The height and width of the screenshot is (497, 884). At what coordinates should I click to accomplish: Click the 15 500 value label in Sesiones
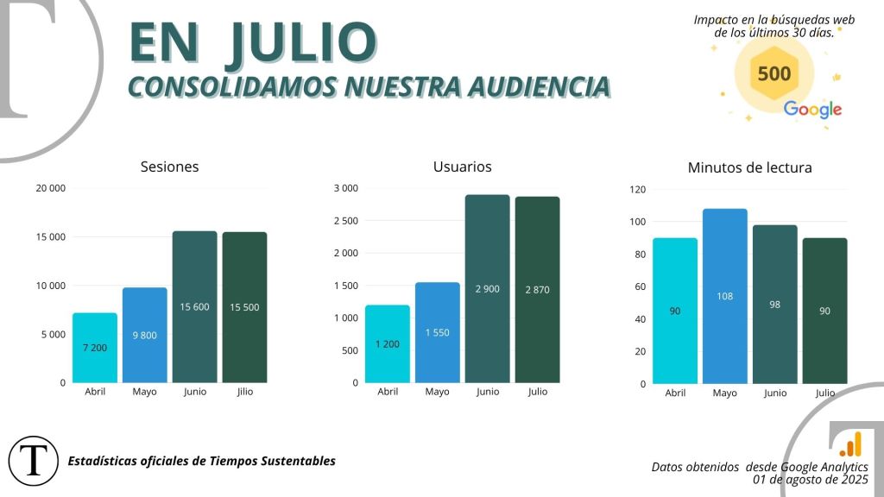click(244, 307)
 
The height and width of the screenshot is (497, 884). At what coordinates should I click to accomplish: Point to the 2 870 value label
click(537, 290)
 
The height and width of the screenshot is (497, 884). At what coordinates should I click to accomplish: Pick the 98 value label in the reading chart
click(774, 305)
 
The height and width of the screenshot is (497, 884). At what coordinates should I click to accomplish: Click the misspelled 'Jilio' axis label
click(244, 392)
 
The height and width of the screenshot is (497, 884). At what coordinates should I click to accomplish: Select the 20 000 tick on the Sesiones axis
click(50, 188)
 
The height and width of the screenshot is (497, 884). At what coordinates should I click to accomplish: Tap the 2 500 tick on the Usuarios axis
click(345, 221)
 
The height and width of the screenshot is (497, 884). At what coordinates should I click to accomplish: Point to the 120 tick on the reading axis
click(638, 190)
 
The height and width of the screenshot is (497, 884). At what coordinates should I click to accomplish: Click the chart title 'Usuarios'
click(462, 167)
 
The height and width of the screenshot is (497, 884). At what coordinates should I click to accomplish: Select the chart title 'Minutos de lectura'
click(749, 167)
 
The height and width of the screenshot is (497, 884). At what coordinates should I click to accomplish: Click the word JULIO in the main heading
click(300, 42)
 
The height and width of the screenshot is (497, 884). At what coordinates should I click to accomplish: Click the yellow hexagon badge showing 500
click(773, 73)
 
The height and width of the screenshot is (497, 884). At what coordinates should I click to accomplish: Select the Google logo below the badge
click(812, 110)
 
